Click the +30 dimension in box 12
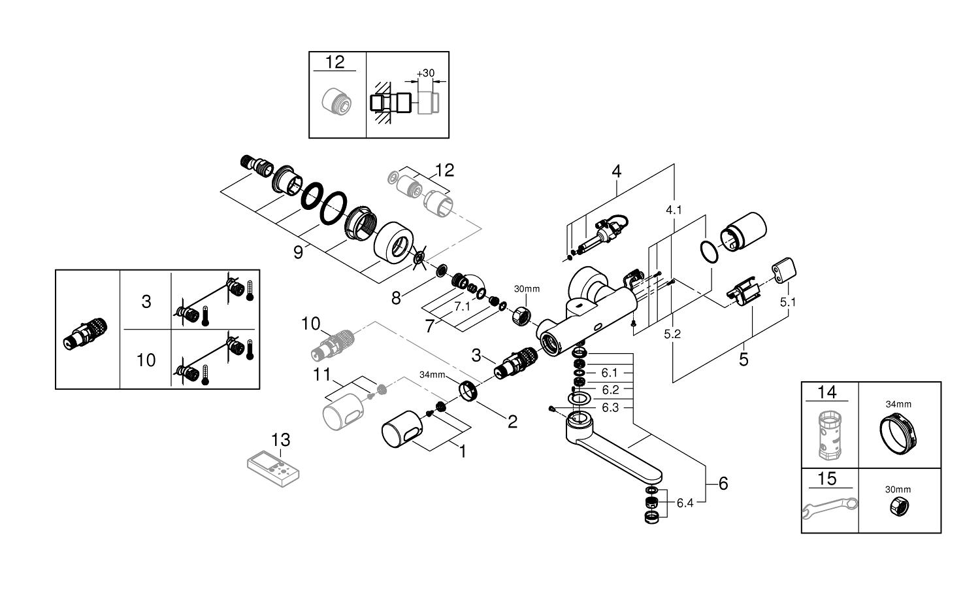tap(425, 73)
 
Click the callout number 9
tap(298, 252)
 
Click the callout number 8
tap(396, 298)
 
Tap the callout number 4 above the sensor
tap(616, 171)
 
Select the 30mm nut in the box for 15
tap(898, 505)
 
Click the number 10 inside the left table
tap(146, 359)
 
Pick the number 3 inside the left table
tap(146, 301)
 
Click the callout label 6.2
tap(610, 390)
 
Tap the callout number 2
tap(512, 422)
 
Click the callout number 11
tap(322, 375)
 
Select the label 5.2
tap(672, 334)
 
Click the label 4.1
tap(673, 211)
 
